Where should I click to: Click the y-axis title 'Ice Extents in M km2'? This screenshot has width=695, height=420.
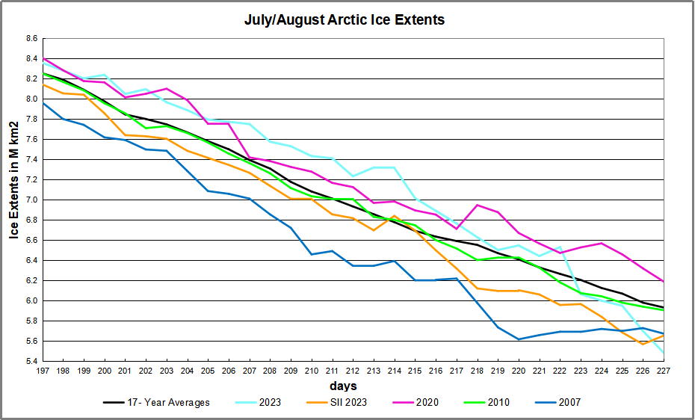coord(14,200)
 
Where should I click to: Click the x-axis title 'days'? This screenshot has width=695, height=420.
coord(344,386)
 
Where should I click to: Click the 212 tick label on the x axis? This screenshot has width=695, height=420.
coord(353,371)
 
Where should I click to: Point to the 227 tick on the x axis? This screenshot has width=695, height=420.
coord(663,371)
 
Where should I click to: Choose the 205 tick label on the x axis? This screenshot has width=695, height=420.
coord(208,371)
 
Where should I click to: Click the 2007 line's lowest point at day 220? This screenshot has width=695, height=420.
coord(519,339)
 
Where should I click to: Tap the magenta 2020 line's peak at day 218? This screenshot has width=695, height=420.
coord(477,205)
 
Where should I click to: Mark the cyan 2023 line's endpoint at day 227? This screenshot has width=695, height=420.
coord(663,352)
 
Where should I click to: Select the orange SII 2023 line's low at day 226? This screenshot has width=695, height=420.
coord(643,344)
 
